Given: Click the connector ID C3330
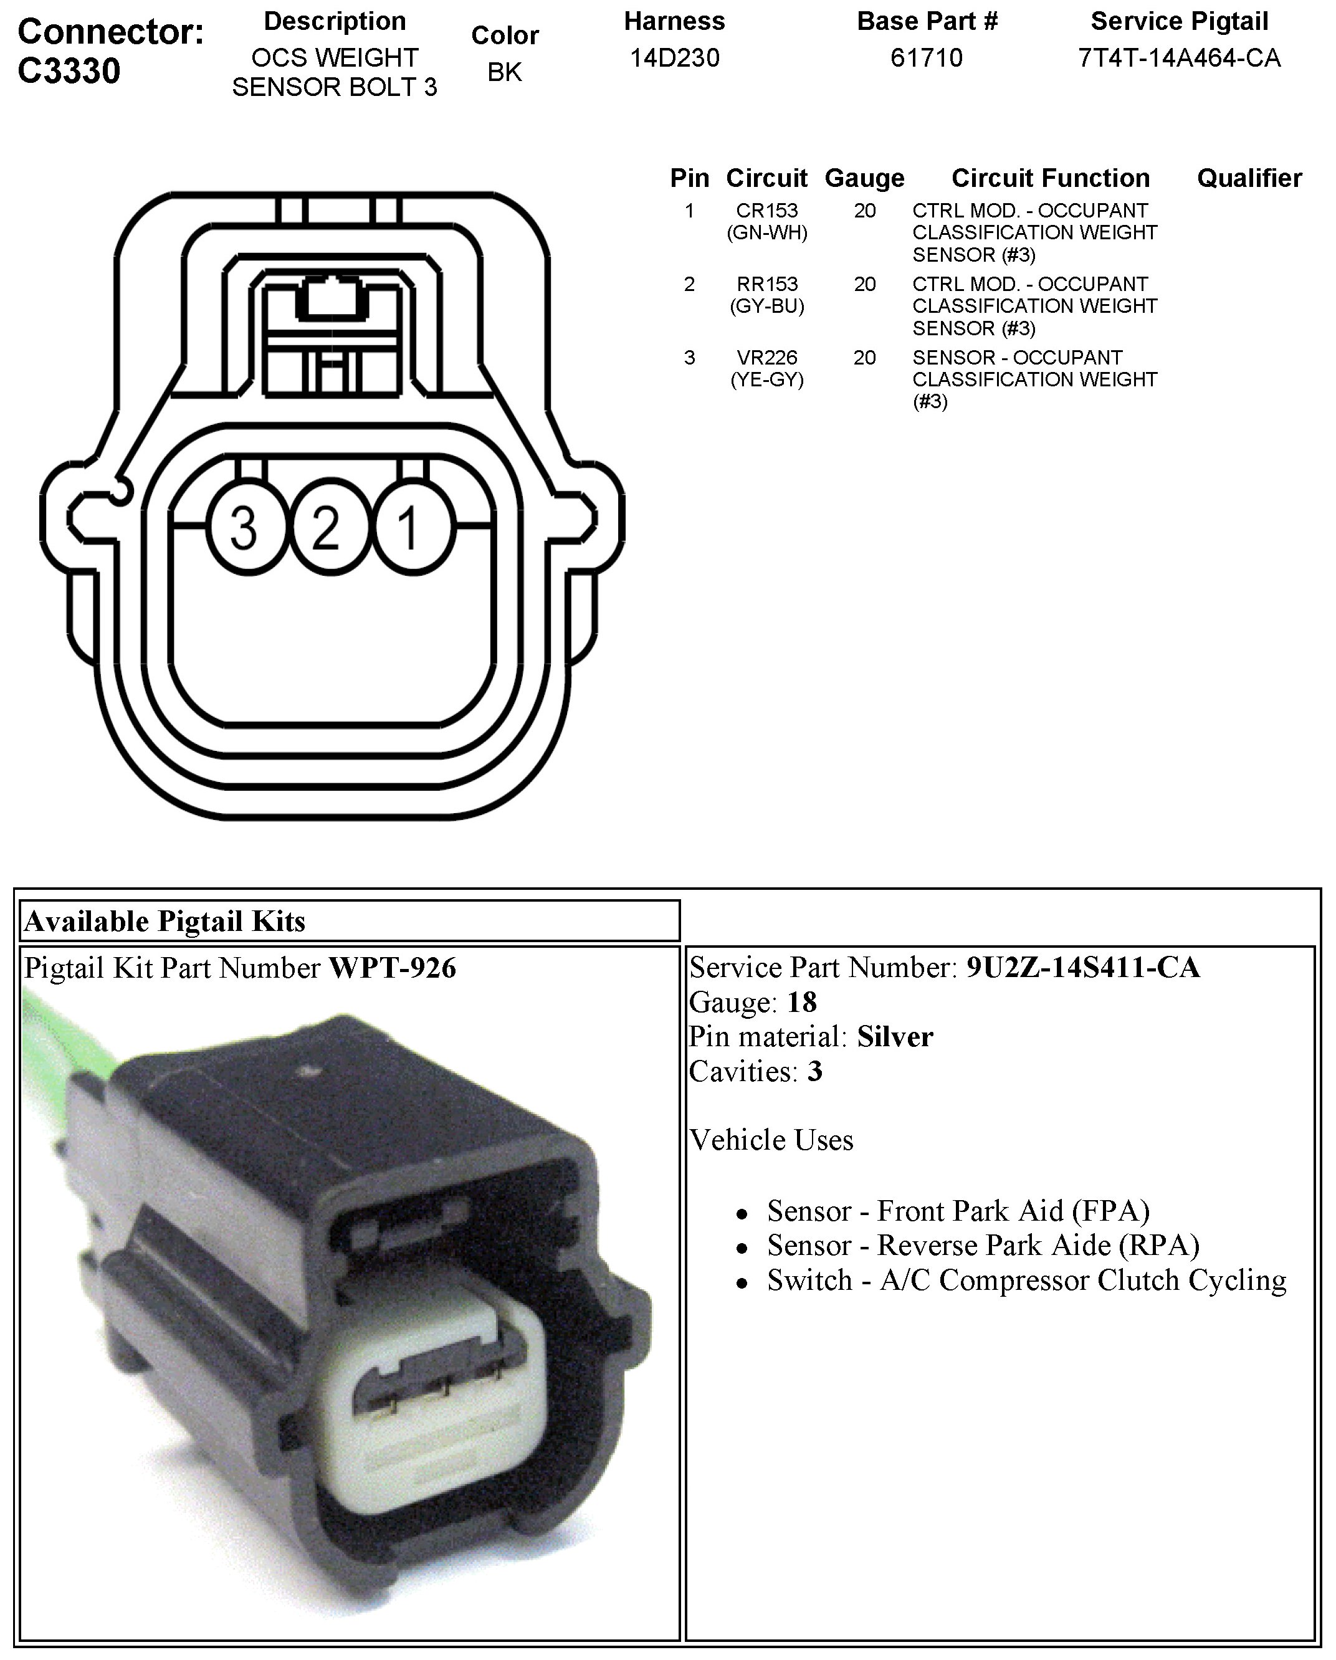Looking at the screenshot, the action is point(69,71).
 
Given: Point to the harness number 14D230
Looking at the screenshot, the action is point(675,58).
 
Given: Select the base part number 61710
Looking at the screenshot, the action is point(927,58).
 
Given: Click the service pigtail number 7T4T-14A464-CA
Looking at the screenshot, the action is point(1179,58).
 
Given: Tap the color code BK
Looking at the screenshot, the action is point(504,72).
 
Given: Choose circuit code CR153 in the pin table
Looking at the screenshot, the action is point(767,210).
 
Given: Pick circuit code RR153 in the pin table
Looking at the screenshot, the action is point(767,284).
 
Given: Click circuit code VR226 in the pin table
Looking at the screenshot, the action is point(767,357).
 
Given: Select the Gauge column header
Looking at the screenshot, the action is point(864,178).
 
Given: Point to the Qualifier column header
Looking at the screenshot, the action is point(1249,178).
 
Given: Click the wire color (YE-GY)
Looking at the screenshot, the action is point(767,379).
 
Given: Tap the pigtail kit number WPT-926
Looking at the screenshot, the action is point(393,968).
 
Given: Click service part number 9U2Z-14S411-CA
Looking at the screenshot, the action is point(1082,967).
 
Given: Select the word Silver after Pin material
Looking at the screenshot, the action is point(895,1036).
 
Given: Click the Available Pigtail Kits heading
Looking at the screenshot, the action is point(165,921).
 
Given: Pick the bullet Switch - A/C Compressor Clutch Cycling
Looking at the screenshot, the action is point(1026,1280).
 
